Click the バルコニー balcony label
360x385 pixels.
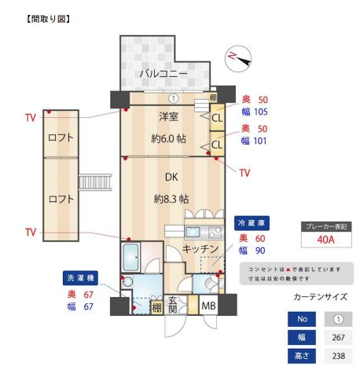163,74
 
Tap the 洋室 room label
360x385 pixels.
167,117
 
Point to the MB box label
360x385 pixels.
208,306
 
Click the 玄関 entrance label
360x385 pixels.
173,304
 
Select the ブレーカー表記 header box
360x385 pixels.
326,226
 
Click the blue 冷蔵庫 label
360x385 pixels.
252,223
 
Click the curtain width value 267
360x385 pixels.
338,338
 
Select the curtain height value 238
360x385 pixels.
338,355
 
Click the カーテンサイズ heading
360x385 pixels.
320,298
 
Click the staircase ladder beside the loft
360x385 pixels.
98,187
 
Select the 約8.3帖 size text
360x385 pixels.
171,199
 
